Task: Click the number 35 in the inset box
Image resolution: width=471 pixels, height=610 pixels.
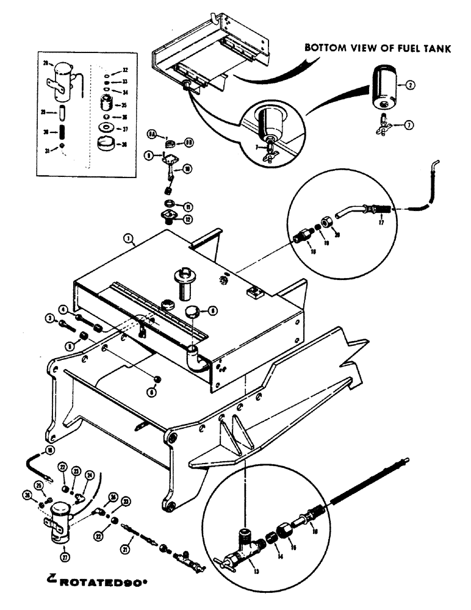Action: tap(124, 106)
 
